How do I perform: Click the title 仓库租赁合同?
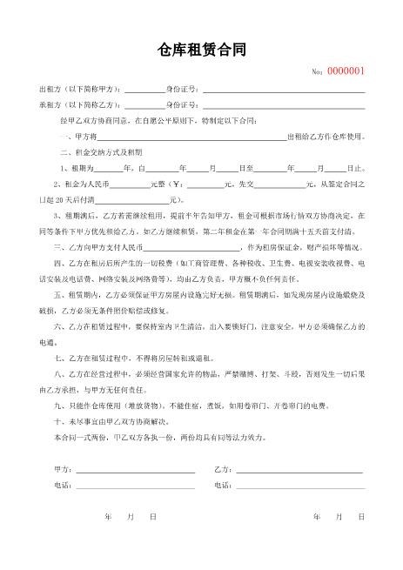[x=201, y=50]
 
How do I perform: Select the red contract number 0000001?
[x=346, y=71]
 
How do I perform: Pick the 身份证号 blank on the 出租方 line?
[x=284, y=91]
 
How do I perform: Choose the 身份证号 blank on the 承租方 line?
[x=284, y=106]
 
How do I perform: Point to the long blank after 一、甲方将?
[x=191, y=137]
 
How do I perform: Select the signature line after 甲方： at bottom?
[x=135, y=469]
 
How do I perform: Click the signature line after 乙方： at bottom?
[x=300, y=469]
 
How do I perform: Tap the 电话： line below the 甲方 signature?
[x=135, y=485]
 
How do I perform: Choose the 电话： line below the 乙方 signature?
[x=300, y=485]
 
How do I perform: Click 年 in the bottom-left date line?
[x=107, y=517]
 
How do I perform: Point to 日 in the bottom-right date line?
[x=359, y=517]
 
